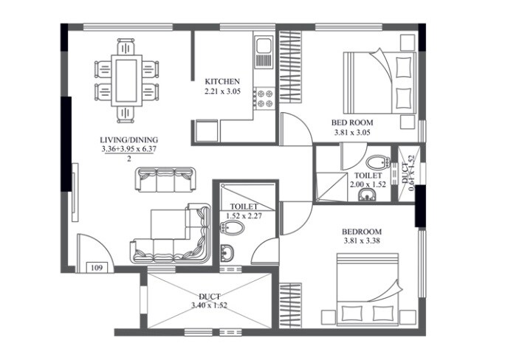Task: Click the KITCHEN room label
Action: pyautogui.click(x=222, y=81)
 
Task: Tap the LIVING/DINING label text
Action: pyautogui.click(x=129, y=139)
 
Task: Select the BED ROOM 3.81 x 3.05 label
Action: pyautogui.click(x=352, y=122)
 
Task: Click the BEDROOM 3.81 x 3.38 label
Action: pyautogui.click(x=363, y=232)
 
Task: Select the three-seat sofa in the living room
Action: pyautogui.click(x=165, y=179)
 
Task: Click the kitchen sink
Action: pyautogui.click(x=264, y=52)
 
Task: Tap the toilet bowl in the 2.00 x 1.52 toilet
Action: pyautogui.click(x=377, y=162)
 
